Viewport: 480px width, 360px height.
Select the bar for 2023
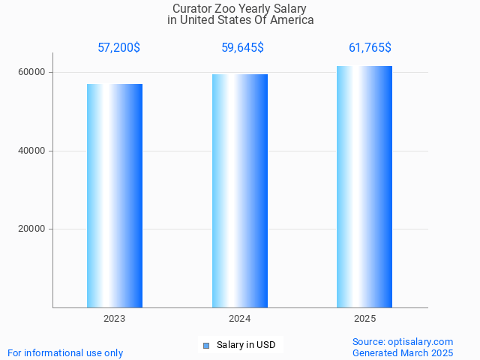[x=115, y=196]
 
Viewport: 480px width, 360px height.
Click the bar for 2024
[x=240, y=191]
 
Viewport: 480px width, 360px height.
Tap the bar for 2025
[x=364, y=187]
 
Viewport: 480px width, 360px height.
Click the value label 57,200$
[x=118, y=48]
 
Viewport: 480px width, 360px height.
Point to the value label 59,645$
[x=242, y=48]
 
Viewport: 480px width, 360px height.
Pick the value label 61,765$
[x=370, y=48]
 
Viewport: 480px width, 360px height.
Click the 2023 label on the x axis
[x=115, y=319]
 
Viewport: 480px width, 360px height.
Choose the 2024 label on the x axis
[x=240, y=319]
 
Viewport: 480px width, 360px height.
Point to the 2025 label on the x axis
[x=364, y=319]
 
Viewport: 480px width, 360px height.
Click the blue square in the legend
[x=206, y=346]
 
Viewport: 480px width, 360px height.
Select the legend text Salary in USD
[x=246, y=346]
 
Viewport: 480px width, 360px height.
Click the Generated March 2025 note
[x=403, y=352]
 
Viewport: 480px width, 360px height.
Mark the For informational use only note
[x=65, y=352]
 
